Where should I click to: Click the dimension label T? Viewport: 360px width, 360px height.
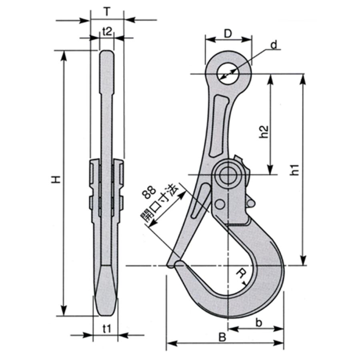point(107,12)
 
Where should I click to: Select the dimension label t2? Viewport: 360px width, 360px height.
point(107,32)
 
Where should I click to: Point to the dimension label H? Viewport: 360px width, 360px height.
point(57,180)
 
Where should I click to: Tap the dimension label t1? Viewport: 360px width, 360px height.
point(106,329)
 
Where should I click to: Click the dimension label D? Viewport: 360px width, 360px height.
point(228,34)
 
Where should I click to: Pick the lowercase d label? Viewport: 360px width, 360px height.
point(274,45)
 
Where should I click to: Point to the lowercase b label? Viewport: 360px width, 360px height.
point(259,323)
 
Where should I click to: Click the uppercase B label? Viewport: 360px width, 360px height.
point(222,337)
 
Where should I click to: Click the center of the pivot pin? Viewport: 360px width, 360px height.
point(228,174)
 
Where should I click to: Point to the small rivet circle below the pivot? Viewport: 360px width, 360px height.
point(219,204)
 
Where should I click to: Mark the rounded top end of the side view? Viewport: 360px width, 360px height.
point(106,54)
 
